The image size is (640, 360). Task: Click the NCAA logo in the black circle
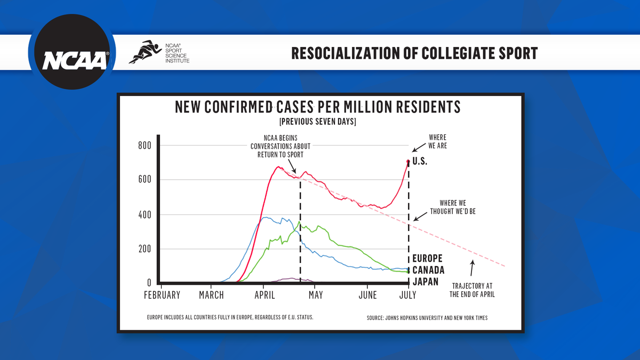point(71,53)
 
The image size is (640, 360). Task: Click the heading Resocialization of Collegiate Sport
point(414,53)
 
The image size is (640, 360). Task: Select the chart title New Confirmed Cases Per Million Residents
point(317,107)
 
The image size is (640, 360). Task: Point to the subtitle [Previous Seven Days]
point(317,122)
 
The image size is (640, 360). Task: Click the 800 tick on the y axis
point(145,146)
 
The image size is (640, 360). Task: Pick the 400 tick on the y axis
point(145,214)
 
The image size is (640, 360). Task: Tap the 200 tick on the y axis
point(145,249)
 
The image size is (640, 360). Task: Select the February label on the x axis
point(162,295)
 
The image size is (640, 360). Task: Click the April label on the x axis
point(265,295)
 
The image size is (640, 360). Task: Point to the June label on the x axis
point(368,295)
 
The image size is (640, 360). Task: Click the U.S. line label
point(421,161)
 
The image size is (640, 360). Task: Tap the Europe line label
point(427,259)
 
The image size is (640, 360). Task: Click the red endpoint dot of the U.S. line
point(408,162)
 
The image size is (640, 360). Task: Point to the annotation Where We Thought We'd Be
point(457,207)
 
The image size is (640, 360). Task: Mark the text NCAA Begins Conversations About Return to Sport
point(281,146)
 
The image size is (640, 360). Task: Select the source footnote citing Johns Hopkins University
point(427,318)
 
